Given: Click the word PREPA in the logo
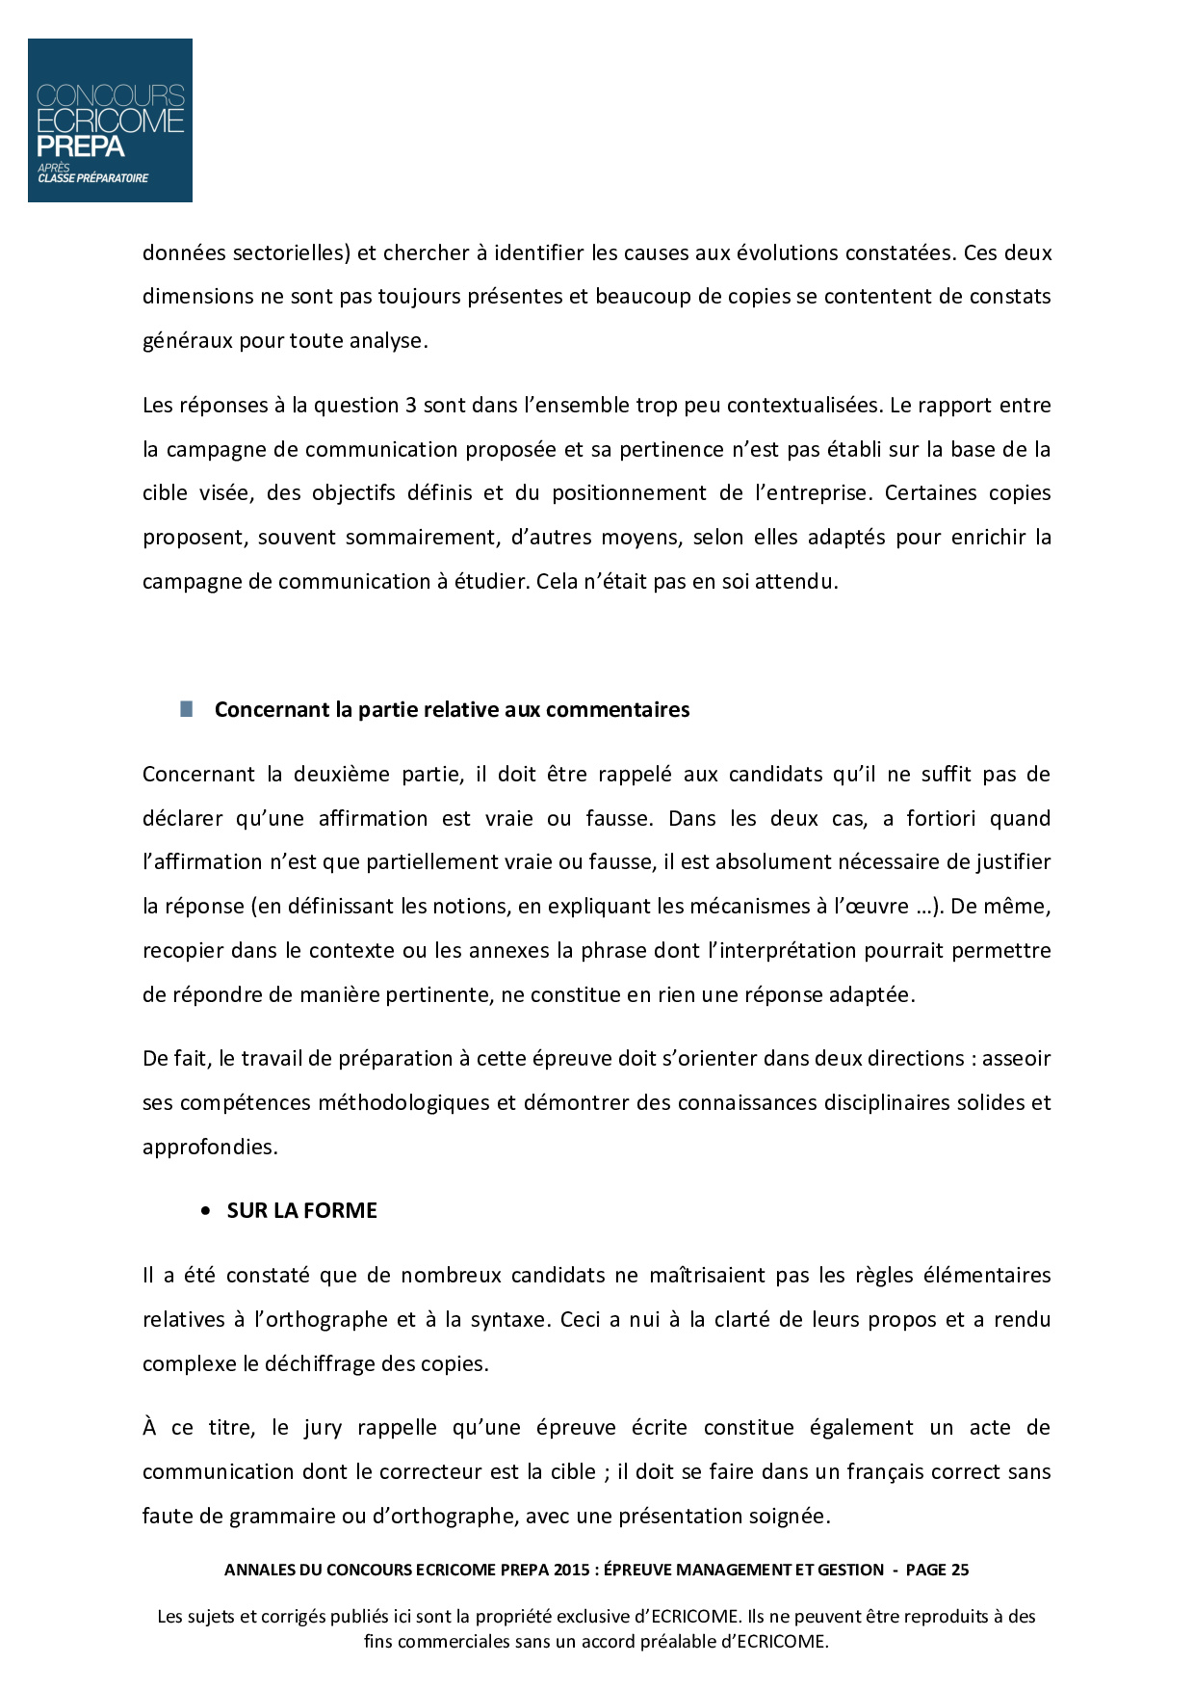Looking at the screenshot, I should pos(81,146).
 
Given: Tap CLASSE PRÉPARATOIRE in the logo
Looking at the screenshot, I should pos(93,178).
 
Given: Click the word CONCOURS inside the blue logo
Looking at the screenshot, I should pos(110,95).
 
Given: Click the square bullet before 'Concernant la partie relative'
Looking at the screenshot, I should pos(186,709).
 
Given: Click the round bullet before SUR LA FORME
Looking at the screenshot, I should pos(205,1212).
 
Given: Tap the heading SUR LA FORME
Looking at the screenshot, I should pos(301,1211).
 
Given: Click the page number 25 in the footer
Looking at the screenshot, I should pos(959,1570).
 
